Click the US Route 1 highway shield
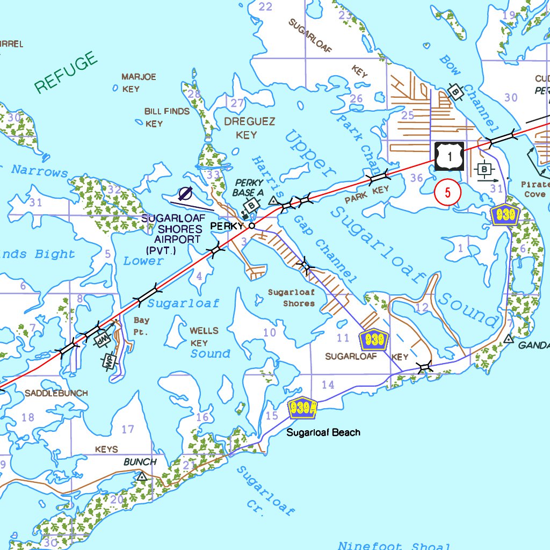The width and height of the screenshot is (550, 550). pyautogui.click(x=449, y=156)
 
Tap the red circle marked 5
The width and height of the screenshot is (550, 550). pyautogui.click(x=447, y=192)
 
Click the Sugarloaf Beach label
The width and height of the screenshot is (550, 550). pyautogui.click(x=323, y=432)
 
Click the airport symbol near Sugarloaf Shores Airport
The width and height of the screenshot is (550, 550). pyautogui.click(x=185, y=193)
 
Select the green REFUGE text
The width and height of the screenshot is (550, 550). pyautogui.click(x=66, y=73)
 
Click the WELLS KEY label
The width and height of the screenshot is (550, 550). pyautogui.click(x=204, y=337)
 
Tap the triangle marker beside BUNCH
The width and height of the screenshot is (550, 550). pyautogui.click(x=142, y=476)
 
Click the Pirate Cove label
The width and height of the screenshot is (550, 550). pyautogui.click(x=535, y=189)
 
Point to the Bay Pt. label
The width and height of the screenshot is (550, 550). pyautogui.click(x=141, y=326)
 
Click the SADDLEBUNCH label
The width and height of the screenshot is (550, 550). pyautogui.click(x=56, y=393)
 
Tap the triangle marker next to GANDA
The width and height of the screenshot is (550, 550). pyautogui.click(x=508, y=339)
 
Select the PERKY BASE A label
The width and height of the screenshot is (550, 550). pyautogui.click(x=249, y=187)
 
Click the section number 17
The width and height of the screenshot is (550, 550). pyautogui.click(x=128, y=429)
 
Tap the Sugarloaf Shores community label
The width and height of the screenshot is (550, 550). pyautogui.click(x=291, y=298)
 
